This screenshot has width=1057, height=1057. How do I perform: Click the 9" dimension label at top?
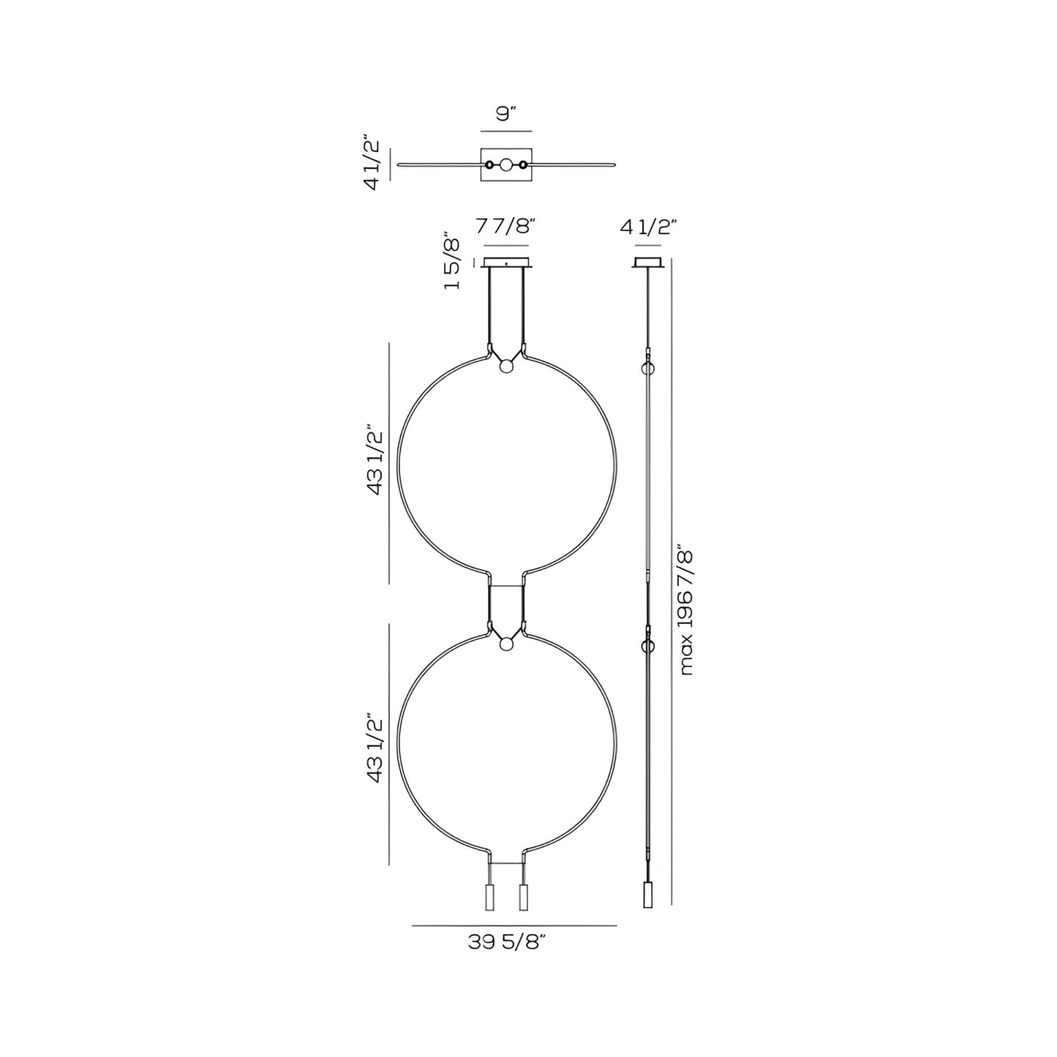[x=506, y=115]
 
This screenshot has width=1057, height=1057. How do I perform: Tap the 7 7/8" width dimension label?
[x=505, y=225]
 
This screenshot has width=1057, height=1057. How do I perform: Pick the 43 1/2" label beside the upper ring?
[x=375, y=459]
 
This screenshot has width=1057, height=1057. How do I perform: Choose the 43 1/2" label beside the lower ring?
[x=375, y=747]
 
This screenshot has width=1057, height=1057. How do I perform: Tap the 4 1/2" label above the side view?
[x=648, y=225]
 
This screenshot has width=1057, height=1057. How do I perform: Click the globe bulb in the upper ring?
[x=505, y=365]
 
